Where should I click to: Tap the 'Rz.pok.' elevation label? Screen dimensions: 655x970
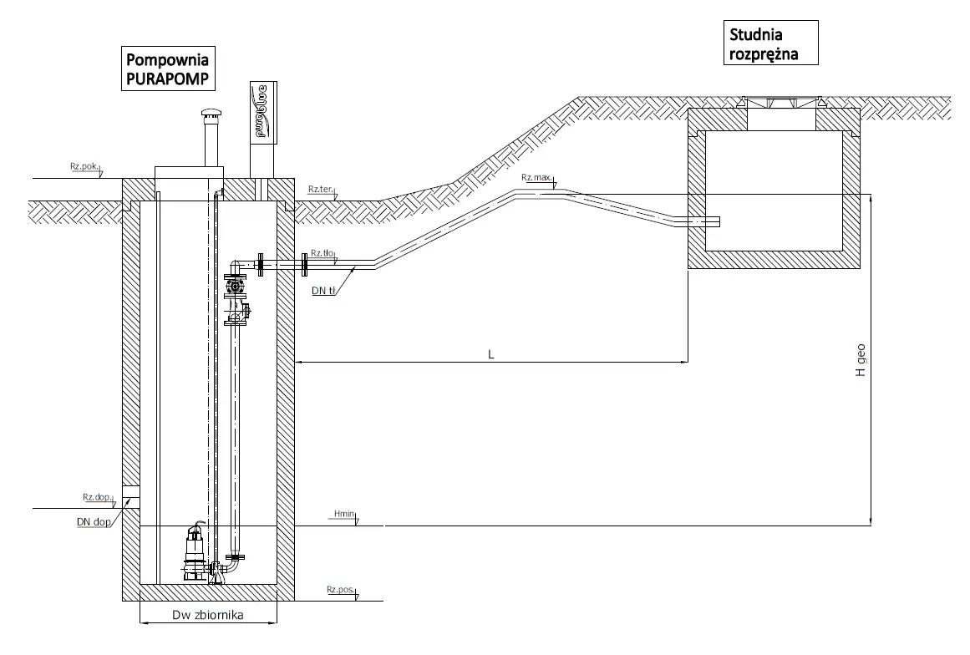[85, 168]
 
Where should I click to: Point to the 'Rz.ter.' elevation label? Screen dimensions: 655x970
[321, 190]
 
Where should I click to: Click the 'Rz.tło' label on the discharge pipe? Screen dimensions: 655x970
[322, 252]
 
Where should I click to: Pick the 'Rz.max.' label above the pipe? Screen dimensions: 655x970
[535, 177]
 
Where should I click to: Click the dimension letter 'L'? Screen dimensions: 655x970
[492, 354]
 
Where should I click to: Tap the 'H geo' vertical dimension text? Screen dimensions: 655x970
[861, 364]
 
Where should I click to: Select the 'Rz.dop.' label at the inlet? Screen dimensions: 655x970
[97, 497]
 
